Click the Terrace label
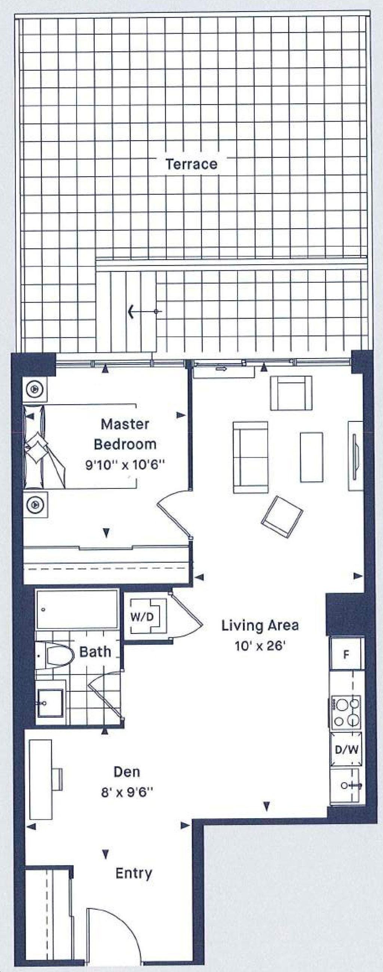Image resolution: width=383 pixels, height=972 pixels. [x=191, y=164]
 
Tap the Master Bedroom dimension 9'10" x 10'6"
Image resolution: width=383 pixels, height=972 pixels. [x=125, y=464]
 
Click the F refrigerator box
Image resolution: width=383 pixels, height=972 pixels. [x=346, y=654]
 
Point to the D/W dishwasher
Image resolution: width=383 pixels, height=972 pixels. [x=346, y=749]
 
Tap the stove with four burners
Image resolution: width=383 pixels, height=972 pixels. [x=346, y=712]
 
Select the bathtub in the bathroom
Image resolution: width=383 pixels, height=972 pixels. [x=77, y=609]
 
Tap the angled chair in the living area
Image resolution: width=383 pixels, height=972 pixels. [x=282, y=517]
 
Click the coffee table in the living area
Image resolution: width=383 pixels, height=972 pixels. [x=311, y=457]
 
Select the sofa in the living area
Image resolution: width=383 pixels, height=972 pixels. [x=251, y=457]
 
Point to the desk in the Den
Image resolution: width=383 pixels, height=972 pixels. [x=41, y=779]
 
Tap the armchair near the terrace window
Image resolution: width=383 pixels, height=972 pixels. [x=291, y=393]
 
